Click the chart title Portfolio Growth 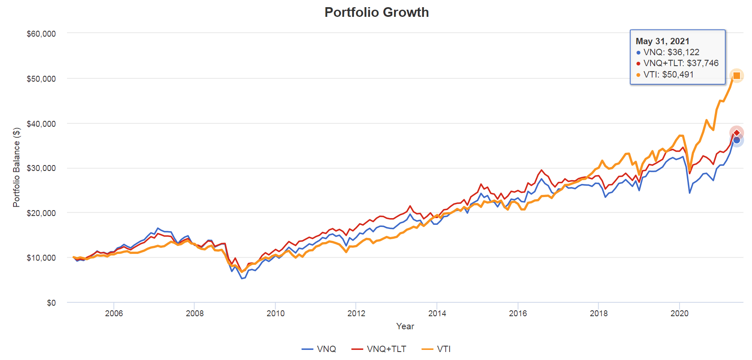coord(376,12)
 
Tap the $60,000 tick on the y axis coord(41,34)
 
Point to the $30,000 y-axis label coord(41,168)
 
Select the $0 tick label coord(51,303)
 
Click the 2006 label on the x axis coord(114,313)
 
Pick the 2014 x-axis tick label coord(437,313)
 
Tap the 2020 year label coord(679,313)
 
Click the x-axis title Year coord(405,326)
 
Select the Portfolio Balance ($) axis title coord(16,167)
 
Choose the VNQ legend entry coord(319,349)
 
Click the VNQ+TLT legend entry coord(379,349)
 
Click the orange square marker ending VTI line coord(736,76)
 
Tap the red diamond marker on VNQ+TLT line coord(736,133)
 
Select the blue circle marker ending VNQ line coord(736,140)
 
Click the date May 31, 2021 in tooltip coord(662,41)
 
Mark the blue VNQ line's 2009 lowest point coord(242,279)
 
